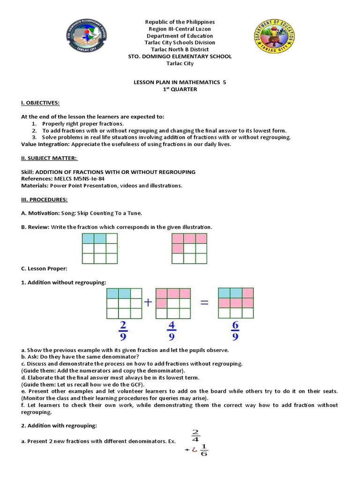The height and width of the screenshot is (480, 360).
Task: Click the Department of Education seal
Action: (x=275, y=39)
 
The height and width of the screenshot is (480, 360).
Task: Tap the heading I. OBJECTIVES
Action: (x=40, y=103)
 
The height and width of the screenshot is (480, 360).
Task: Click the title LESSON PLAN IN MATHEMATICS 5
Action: (x=180, y=82)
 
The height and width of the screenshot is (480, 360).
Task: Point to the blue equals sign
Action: (x=204, y=303)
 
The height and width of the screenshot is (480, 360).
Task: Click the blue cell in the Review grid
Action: (x=88, y=238)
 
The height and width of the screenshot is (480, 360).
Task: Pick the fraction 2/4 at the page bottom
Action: (x=195, y=436)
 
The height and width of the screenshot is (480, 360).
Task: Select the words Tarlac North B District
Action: (x=180, y=49)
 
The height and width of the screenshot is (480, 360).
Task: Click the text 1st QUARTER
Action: (x=180, y=90)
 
